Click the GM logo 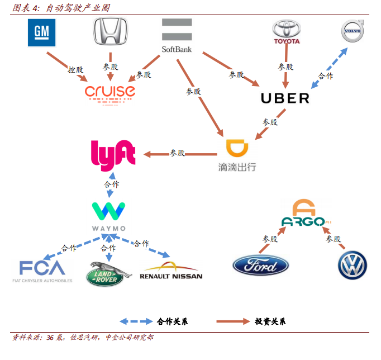click(x=42, y=32)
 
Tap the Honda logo click(x=110, y=31)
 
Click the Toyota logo click(x=286, y=32)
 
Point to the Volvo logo click(x=351, y=32)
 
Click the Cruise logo click(x=110, y=92)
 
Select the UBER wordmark click(x=285, y=98)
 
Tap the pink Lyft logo click(x=113, y=153)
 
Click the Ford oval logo click(x=260, y=266)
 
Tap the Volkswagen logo click(x=352, y=266)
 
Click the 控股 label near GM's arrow click(x=75, y=70)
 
